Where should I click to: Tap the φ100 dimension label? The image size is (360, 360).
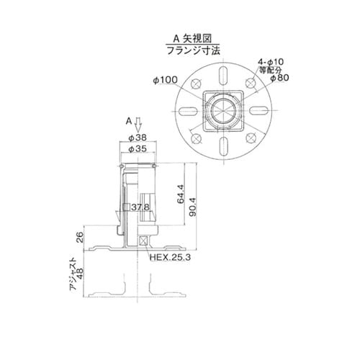[x=166, y=79]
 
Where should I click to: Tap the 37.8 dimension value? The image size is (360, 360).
[x=141, y=207]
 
